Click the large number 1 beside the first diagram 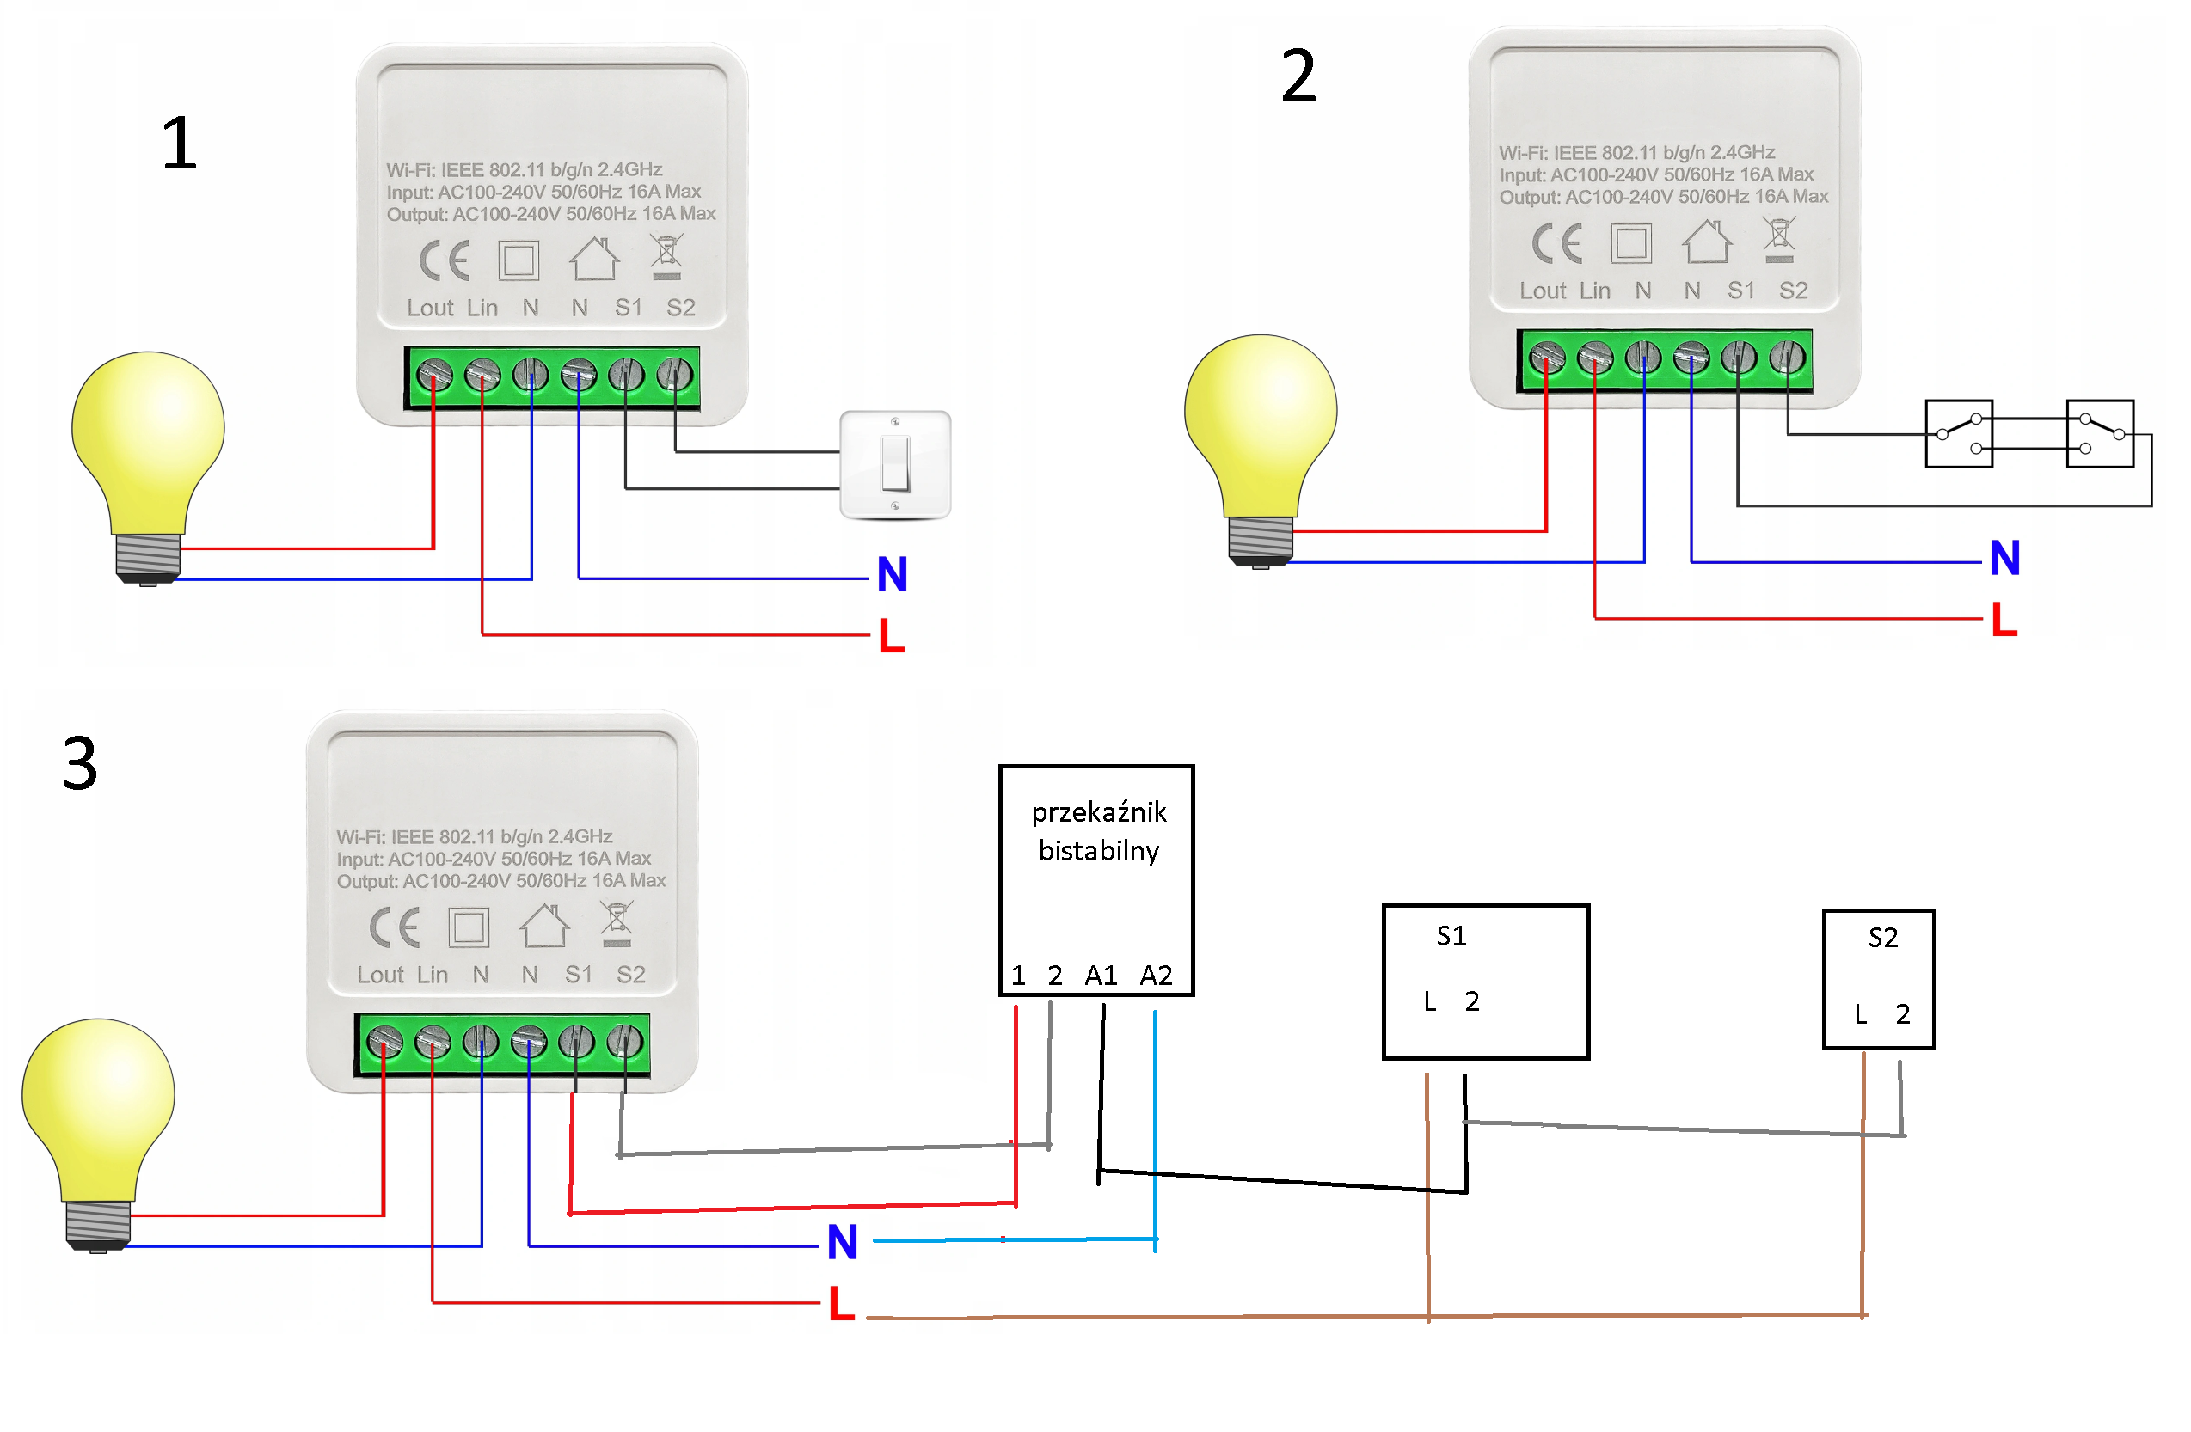pos(181,144)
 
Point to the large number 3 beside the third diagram pos(80,764)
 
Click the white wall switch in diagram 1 pos(895,465)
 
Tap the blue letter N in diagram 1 pos(892,574)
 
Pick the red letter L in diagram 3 pos(842,1304)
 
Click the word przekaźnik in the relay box pos(1098,812)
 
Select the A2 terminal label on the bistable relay pos(1156,976)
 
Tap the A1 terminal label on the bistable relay pos(1101,976)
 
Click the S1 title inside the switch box pos(1451,937)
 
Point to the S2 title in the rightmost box pos(1882,939)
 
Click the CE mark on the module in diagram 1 pos(445,261)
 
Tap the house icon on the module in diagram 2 pos(1707,242)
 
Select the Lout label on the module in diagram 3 pos(380,975)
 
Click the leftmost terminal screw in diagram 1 pos(434,376)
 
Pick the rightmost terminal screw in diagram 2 pos(1787,358)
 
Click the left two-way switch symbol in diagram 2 pos(1958,433)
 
